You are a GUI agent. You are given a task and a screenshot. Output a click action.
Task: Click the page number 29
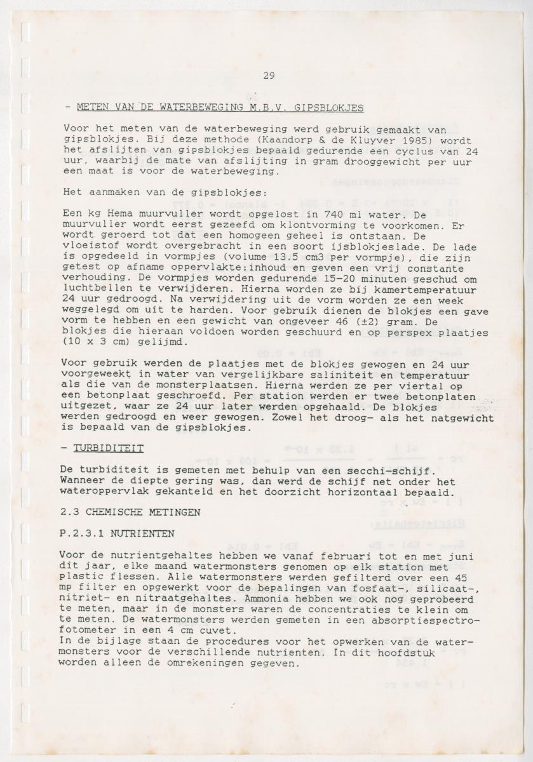point(268,76)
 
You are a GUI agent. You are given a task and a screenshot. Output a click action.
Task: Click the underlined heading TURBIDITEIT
point(108,448)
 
